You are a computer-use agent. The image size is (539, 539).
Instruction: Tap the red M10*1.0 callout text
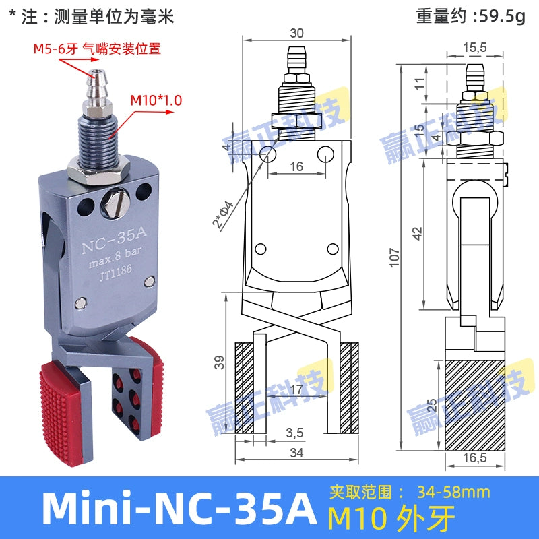pos(156,100)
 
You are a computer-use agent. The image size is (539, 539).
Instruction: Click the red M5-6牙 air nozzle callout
pos(98,49)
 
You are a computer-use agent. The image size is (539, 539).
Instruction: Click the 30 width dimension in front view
pos(296,33)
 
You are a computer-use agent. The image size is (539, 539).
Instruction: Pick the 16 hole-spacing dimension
pos(296,166)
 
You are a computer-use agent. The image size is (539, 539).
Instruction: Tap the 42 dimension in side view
pos(417,233)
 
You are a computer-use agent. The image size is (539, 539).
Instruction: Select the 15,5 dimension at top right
pos(475,47)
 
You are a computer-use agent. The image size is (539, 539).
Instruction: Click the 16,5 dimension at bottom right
pos(475,459)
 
